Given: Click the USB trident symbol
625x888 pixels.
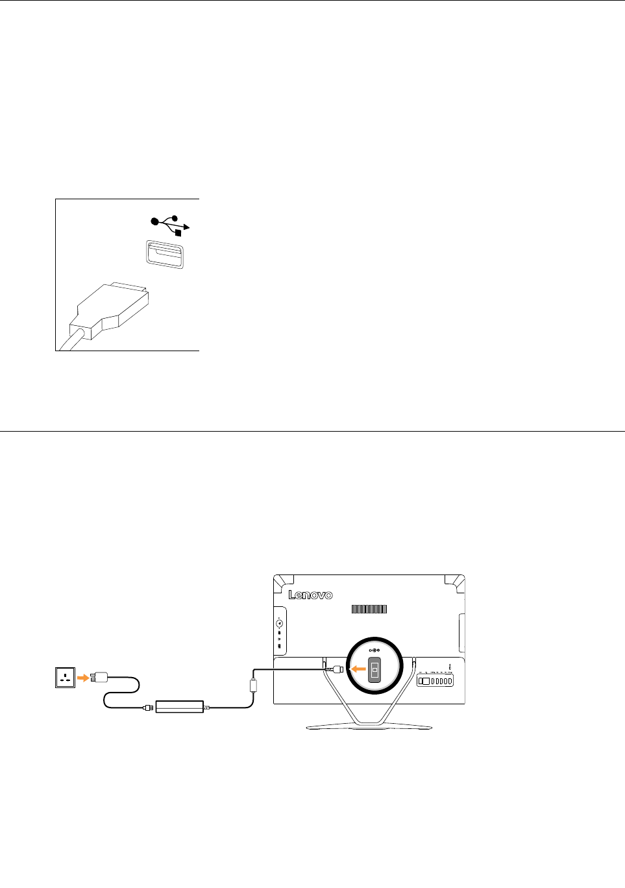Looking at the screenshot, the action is pos(170,224).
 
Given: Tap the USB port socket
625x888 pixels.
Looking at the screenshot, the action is pos(165,253).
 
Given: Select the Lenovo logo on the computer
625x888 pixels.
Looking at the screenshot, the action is pos(310,595).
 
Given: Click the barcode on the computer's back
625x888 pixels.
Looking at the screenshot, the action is pos(369,609).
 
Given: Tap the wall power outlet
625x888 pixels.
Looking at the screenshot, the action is pos(66,678).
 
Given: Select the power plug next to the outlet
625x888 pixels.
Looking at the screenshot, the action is pos(101,678).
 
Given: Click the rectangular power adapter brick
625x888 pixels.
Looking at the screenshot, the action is pos(180,706).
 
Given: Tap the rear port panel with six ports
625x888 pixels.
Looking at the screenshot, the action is pos(435,680).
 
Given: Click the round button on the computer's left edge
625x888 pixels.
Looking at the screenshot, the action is pos(279,623).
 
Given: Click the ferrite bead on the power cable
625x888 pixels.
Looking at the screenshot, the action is pos(254,685).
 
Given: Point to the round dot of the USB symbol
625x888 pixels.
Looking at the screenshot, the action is pos(154,221).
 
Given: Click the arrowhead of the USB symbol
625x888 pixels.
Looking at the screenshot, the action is pos(187,227).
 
